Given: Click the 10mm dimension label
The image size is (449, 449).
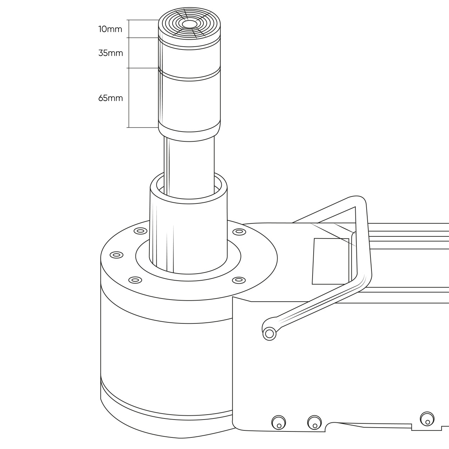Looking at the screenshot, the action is click(x=110, y=29).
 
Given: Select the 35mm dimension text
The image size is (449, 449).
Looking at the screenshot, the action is click(x=110, y=53).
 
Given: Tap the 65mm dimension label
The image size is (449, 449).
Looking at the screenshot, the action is click(x=110, y=98).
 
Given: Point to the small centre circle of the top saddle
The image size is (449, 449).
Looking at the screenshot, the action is click(x=189, y=24).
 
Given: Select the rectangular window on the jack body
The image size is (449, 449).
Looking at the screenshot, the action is click(x=330, y=261).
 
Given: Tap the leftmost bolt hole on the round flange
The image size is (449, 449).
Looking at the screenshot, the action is click(x=116, y=255).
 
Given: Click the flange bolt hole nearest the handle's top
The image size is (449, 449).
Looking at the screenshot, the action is click(x=239, y=232).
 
